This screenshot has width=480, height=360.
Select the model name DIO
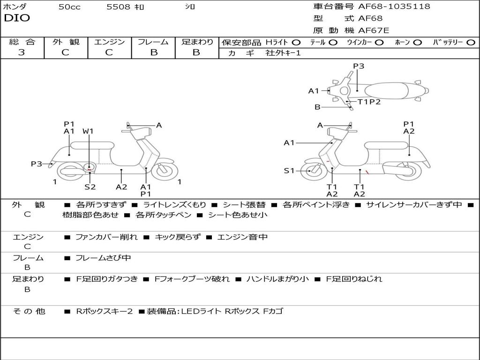[x=17, y=18]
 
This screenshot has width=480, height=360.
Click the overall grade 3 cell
[x=22, y=52]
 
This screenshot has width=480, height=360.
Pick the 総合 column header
[x=22, y=42]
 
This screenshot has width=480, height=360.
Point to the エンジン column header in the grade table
[x=109, y=42]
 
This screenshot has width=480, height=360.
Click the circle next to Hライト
[x=296, y=42]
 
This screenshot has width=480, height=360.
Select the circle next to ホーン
[x=417, y=42]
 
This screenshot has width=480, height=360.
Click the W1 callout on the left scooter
[x=88, y=131]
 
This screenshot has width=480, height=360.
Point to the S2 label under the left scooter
[x=90, y=187]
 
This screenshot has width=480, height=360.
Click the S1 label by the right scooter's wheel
[x=289, y=171]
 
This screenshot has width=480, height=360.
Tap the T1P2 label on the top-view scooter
[x=369, y=101]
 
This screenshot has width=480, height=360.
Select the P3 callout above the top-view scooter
[x=359, y=66]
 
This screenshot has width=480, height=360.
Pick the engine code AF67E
[x=374, y=30]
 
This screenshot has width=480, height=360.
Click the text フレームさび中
[x=103, y=258]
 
